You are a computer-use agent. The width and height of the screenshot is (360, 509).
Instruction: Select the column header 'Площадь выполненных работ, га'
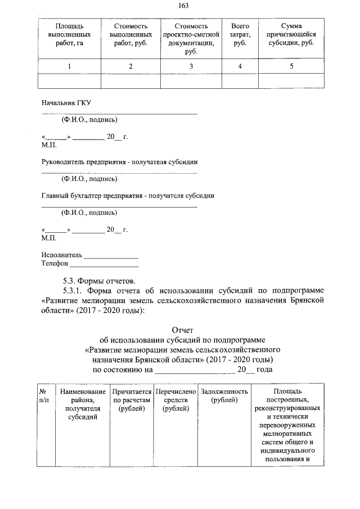69,34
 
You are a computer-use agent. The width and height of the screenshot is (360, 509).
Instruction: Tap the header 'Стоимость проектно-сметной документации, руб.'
191,38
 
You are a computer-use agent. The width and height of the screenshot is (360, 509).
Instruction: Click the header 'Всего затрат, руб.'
240,34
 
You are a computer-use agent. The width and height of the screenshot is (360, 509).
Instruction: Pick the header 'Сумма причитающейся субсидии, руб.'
291,34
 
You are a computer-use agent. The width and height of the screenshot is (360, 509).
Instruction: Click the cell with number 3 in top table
191,66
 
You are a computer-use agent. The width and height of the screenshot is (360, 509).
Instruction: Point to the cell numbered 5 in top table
291,66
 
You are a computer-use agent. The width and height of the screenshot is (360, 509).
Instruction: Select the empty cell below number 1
69,82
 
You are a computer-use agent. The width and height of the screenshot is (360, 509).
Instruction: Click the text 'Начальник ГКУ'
66,103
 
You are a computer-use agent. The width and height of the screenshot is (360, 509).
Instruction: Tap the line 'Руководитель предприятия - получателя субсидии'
119,162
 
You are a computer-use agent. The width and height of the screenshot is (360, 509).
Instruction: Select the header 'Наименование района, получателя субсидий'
82,404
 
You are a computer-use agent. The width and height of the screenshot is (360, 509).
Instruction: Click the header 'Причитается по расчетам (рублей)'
132,399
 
